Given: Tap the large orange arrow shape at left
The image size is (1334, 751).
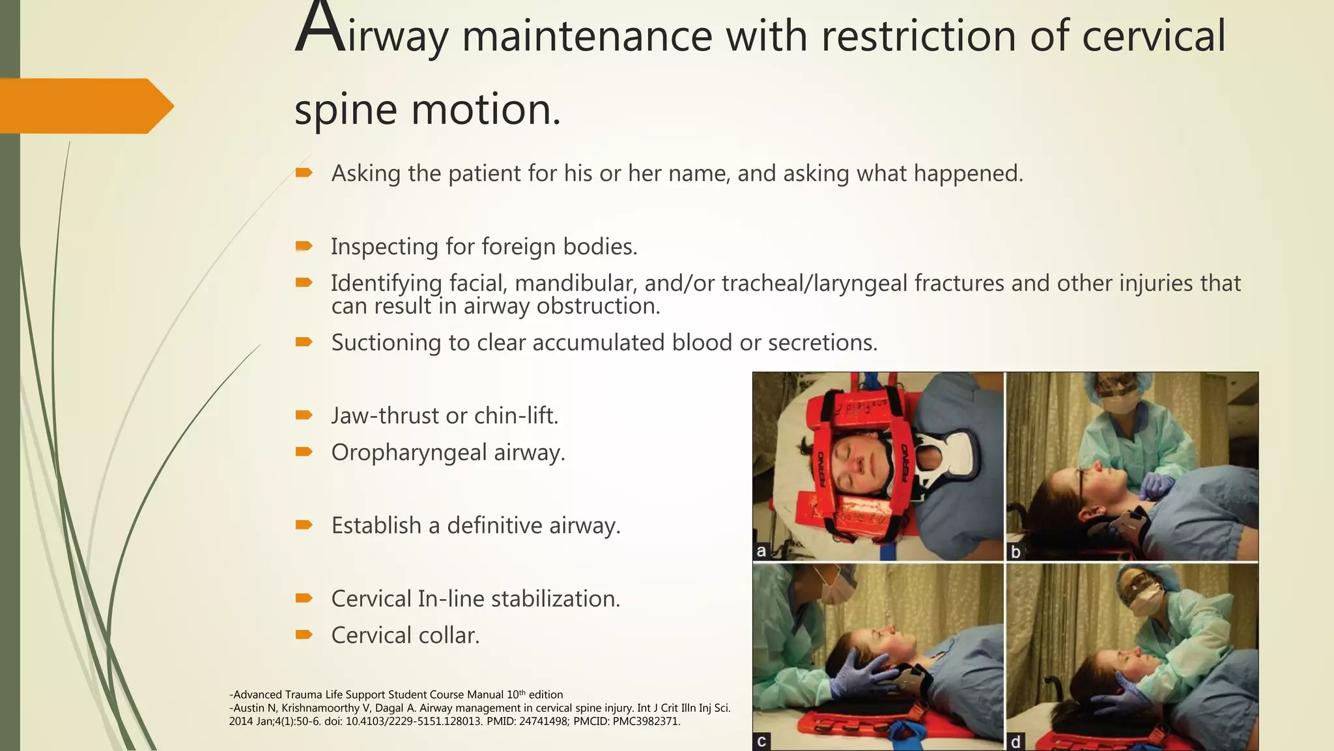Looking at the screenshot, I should pyautogui.click(x=85, y=106).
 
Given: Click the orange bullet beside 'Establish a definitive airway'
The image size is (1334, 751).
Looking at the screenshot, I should pyautogui.click(x=304, y=525).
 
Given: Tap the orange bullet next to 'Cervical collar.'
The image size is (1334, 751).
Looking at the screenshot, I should pyautogui.click(x=304, y=634).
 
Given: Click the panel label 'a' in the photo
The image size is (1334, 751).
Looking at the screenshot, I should pyautogui.click(x=761, y=551).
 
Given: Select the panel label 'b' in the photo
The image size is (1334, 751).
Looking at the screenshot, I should pyautogui.click(x=1015, y=552).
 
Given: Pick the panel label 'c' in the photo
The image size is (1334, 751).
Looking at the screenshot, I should pyautogui.click(x=761, y=741).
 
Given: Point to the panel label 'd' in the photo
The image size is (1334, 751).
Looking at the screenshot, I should pyautogui.click(x=1015, y=741).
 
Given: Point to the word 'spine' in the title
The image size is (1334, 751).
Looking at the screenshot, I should pyautogui.click(x=345, y=110).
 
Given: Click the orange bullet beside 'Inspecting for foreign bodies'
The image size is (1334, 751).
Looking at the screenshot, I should pyautogui.click(x=304, y=246).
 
